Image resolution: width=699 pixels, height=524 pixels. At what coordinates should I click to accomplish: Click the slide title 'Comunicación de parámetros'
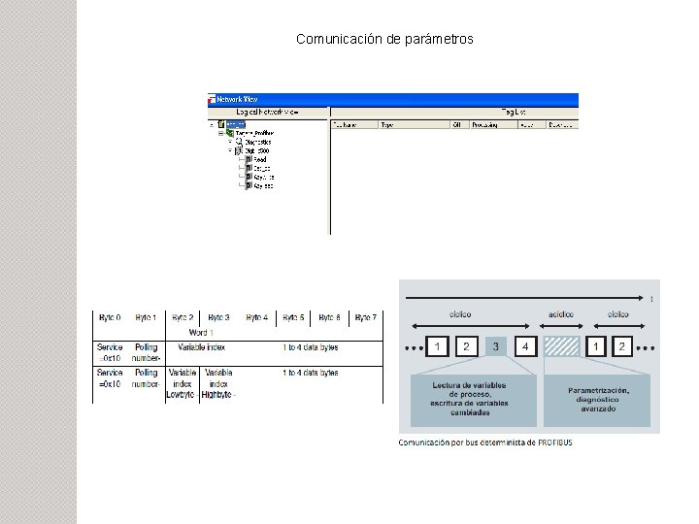point(384,40)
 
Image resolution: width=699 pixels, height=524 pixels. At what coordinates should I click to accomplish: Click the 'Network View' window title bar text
point(237,99)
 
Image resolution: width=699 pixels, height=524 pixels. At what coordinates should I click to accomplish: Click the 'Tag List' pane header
point(514,113)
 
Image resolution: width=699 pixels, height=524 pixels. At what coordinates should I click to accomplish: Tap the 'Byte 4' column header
point(256,317)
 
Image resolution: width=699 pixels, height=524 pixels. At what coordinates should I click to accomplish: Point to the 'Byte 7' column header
point(365,317)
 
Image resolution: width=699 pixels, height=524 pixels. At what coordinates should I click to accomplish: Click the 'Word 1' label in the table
point(202,332)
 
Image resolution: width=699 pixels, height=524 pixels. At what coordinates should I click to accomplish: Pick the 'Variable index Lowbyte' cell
point(182,383)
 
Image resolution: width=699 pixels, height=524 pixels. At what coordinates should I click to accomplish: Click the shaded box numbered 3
point(496,346)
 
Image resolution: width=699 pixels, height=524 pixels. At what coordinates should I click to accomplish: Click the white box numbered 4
point(525,346)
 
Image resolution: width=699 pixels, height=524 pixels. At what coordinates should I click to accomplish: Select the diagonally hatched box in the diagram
point(562,346)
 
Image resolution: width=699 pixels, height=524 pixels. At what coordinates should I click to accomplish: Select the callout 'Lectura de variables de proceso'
point(474,399)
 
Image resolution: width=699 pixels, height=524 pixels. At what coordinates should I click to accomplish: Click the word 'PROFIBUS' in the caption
point(552,442)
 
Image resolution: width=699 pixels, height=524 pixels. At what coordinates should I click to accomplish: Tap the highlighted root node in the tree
point(232,124)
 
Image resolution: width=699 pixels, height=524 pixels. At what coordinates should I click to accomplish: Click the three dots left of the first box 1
point(414,347)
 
